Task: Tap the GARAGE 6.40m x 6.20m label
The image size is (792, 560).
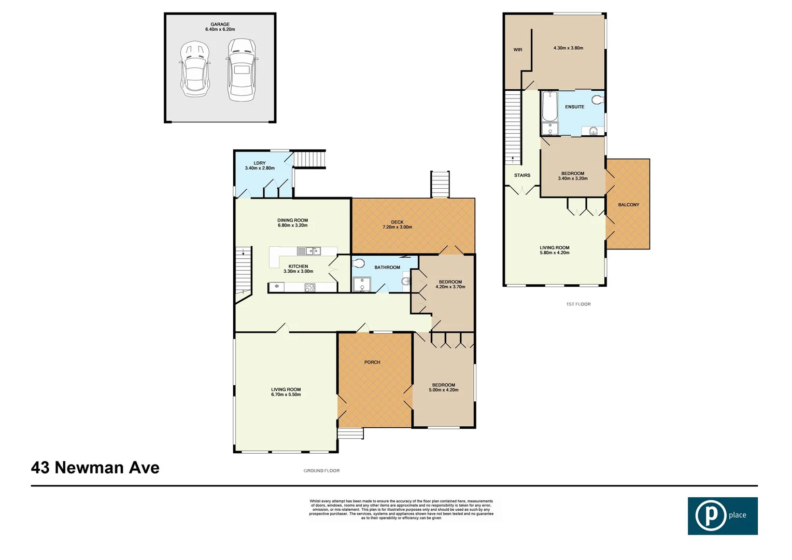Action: [220, 27]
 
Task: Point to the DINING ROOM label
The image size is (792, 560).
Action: [292, 222]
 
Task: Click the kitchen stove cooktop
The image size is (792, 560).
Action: [309, 287]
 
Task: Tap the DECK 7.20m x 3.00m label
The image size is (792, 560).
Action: [397, 225]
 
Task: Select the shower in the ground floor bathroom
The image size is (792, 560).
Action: [361, 285]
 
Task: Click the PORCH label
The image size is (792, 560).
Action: [372, 362]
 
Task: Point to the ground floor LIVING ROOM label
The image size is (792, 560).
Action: [286, 391]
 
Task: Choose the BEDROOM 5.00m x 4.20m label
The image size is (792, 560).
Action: [444, 387]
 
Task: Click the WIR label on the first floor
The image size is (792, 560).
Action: [518, 50]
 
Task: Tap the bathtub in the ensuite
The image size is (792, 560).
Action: [549, 106]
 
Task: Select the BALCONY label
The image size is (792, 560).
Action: [628, 205]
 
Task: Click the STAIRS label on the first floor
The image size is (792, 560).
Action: [522, 175]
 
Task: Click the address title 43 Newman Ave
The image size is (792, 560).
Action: [95, 468]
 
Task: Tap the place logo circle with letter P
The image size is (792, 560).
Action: [711, 516]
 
